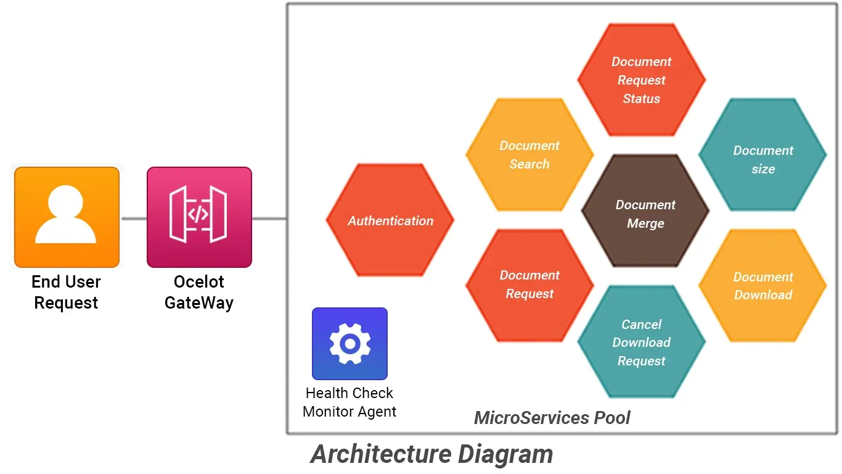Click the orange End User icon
[67, 217]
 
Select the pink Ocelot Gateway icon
[199, 217]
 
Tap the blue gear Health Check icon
[349, 343]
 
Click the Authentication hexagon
[390, 220]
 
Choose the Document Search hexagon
[529, 155]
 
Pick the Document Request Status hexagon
[641, 80]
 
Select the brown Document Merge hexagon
[645, 211]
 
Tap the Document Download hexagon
[762, 286]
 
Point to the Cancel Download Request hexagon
[641, 342]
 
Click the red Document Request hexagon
[529, 285]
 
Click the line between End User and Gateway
[133, 218]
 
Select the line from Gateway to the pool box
[269, 218]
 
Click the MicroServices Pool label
[552, 418]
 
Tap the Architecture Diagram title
[431, 454]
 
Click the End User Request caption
[66, 293]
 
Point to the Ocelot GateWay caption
[199, 293]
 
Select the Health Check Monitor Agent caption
[349, 402]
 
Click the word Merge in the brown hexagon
[645, 223]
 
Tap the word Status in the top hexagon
[641, 99]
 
